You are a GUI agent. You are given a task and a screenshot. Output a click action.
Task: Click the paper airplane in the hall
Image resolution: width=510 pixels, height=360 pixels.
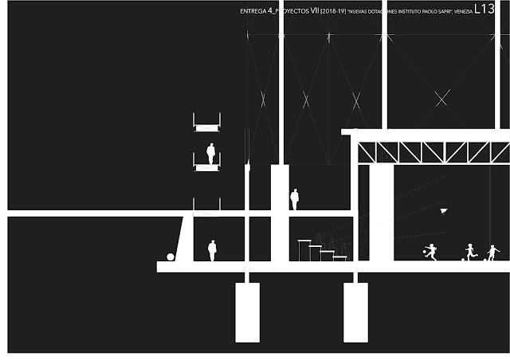click(443, 210)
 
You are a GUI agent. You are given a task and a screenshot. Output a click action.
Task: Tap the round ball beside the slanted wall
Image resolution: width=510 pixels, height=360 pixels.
click(171, 256)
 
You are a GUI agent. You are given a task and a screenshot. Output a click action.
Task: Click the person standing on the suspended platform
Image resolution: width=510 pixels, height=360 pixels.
click(211, 153)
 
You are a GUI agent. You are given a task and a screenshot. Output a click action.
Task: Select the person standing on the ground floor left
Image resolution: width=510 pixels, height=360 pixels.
click(212, 250)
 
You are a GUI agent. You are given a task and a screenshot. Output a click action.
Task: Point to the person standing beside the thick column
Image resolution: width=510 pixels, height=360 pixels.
click(294, 199)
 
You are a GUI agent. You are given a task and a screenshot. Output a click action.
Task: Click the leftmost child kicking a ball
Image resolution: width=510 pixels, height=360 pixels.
click(431, 252)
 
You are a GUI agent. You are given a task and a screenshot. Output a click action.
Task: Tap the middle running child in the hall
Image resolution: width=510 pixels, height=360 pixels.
click(469, 252)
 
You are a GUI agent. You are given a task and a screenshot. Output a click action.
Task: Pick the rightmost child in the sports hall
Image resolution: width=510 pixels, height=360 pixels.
click(492, 252)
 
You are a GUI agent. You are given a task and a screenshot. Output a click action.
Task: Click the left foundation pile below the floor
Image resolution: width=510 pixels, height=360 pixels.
click(247, 311)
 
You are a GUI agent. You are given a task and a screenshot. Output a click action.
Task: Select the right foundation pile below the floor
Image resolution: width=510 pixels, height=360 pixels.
click(355, 311)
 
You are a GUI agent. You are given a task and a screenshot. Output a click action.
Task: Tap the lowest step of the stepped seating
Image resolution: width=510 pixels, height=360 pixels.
click(340, 257)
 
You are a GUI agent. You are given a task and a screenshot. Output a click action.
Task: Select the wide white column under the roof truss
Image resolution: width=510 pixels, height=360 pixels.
click(382, 212)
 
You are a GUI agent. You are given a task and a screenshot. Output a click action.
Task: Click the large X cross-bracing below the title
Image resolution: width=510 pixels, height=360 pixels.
click(443, 97)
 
